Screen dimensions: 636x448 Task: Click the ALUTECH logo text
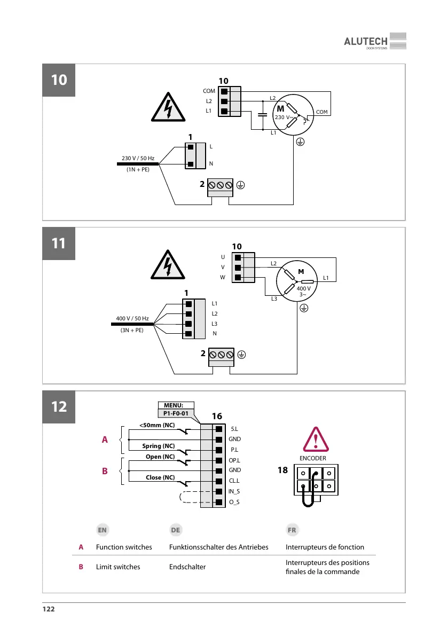365,42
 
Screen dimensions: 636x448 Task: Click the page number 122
49,609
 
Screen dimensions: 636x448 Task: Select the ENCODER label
312,458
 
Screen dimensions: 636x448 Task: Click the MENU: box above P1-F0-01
177,405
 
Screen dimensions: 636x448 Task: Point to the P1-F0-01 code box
177,413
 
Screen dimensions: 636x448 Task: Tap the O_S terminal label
234,502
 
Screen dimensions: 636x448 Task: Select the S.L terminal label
234,429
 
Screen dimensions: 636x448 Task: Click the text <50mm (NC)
157,425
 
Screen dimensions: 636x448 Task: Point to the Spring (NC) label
159,446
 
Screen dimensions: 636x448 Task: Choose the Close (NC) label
160,477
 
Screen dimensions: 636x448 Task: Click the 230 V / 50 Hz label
138,158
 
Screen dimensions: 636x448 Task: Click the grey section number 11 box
59,244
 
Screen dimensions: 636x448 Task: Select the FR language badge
292,530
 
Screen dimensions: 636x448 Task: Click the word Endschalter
187,567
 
